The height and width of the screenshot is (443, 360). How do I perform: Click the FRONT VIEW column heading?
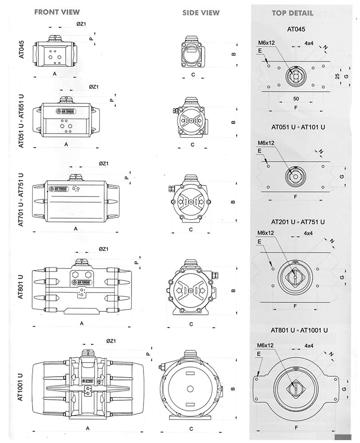(57, 12)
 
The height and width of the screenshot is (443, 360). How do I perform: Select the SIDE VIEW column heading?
(201, 12)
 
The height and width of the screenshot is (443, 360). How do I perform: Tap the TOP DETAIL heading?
(292, 13)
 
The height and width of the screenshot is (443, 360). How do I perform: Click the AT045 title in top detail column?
(296, 29)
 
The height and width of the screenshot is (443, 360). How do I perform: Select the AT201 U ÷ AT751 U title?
(298, 222)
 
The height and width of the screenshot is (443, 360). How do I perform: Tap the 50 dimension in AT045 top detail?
(296, 98)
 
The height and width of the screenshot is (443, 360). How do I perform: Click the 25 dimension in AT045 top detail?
(337, 76)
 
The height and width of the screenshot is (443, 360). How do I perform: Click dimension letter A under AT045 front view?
(55, 74)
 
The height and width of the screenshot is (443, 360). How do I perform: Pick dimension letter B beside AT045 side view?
(233, 54)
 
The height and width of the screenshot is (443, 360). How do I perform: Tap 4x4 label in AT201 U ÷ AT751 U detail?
(309, 233)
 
